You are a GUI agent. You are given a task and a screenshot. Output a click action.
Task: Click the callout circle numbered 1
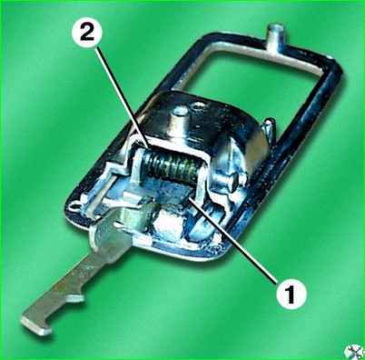291,293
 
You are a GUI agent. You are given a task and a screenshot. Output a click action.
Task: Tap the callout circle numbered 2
87,33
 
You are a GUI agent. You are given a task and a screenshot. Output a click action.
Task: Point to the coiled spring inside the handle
170,166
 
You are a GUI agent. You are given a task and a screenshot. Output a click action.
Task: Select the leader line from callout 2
123,97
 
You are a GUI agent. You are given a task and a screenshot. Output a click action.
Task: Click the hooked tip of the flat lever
35,324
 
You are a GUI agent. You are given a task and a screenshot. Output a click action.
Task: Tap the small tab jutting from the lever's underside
76,298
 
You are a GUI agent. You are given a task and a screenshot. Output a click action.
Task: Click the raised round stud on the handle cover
181,112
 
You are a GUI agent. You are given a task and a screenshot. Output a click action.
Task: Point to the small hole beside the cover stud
198,106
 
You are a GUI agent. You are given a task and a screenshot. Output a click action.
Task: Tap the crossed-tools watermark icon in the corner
355,352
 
